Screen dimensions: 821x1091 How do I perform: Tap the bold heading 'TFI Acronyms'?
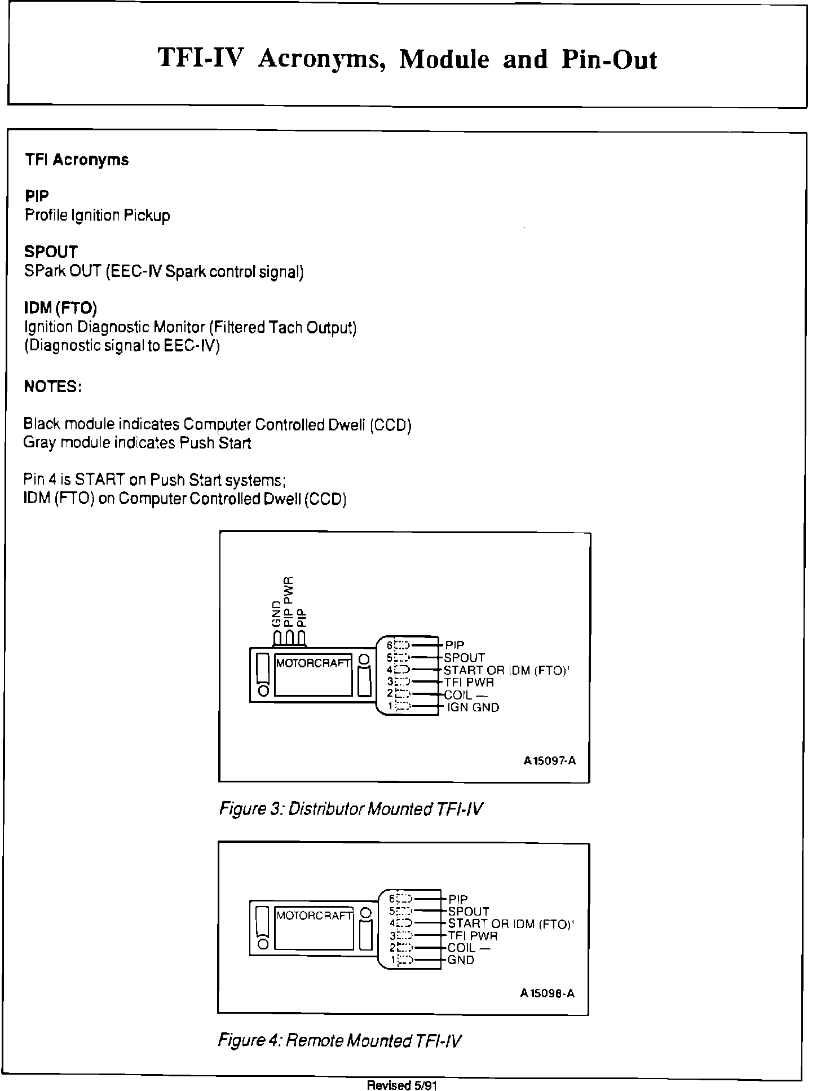[x=77, y=160]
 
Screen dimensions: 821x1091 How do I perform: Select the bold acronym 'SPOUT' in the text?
[x=51, y=252]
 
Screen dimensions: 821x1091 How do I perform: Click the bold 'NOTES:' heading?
[x=53, y=387]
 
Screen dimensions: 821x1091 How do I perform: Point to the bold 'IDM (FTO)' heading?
[x=61, y=309]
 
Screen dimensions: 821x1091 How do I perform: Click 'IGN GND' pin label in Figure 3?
[x=473, y=707]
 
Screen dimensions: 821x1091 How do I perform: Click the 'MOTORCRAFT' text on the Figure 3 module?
[x=313, y=663]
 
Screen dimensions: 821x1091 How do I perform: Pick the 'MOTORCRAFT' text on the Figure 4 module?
[x=315, y=916]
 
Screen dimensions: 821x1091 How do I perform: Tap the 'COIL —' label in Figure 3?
[x=465, y=695]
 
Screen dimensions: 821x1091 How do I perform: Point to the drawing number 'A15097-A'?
[x=550, y=761]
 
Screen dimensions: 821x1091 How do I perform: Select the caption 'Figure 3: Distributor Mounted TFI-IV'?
[x=351, y=810]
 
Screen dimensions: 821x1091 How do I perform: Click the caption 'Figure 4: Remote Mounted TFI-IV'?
[x=340, y=1040]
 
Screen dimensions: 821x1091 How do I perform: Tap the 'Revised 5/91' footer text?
[x=403, y=1085]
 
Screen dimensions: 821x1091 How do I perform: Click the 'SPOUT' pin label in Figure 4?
[x=469, y=912]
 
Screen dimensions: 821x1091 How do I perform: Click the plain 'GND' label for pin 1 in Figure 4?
[x=461, y=960]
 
